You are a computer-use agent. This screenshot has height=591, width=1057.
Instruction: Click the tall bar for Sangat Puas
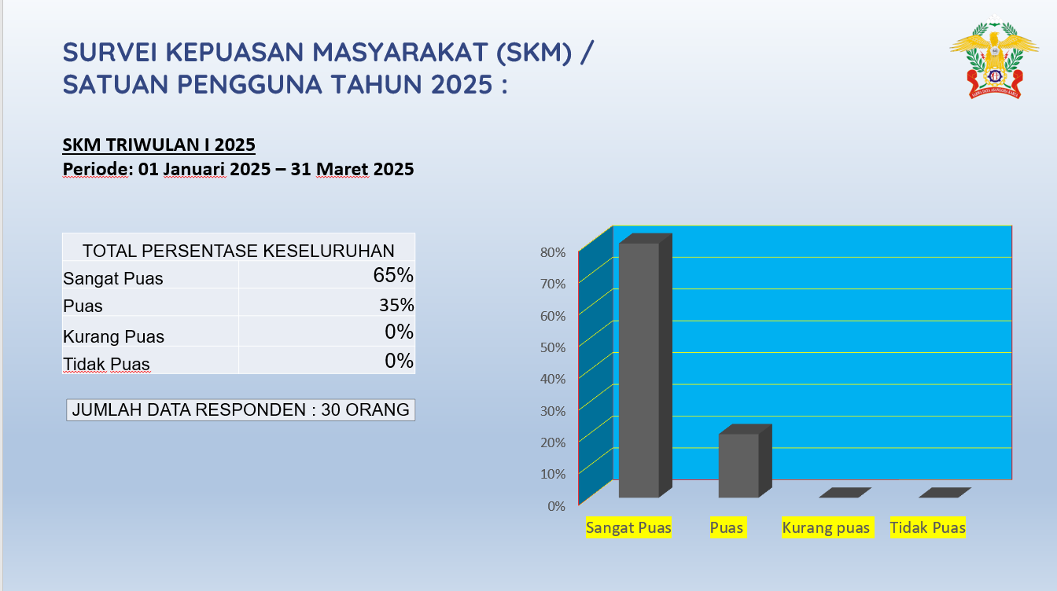[x=639, y=369]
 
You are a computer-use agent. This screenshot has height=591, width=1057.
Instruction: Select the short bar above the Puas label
[x=739, y=464]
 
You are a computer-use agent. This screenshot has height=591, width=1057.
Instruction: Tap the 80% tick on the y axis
[x=552, y=252]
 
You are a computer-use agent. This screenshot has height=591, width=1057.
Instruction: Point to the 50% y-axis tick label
[x=552, y=347]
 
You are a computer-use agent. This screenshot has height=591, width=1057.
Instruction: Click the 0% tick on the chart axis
[x=556, y=506]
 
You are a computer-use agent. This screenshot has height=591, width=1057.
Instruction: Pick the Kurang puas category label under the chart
[x=826, y=527]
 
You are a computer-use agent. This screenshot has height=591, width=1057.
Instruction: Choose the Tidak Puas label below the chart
[x=927, y=527]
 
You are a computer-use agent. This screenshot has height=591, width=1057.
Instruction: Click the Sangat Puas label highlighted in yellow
[x=628, y=527]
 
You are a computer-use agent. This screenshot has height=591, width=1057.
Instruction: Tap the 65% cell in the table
[x=393, y=275]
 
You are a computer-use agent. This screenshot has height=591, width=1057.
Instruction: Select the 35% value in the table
[x=396, y=305]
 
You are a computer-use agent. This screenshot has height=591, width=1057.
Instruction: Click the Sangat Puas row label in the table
[x=113, y=278]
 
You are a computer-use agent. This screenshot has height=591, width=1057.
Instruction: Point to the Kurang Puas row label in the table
[x=114, y=336]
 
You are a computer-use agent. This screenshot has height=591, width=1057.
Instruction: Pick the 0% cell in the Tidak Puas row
[x=399, y=361]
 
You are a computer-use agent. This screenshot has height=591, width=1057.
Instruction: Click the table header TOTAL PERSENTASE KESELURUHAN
[x=238, y=251]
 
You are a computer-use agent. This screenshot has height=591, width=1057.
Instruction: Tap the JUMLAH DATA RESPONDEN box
[x=241, y=409]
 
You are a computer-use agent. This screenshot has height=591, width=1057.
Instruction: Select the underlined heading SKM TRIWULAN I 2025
[x=159, y=145]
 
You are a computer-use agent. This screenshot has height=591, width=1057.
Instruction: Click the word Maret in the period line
[x=342, y=169]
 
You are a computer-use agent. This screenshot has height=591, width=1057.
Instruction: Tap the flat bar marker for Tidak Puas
[x=945, y=493]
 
